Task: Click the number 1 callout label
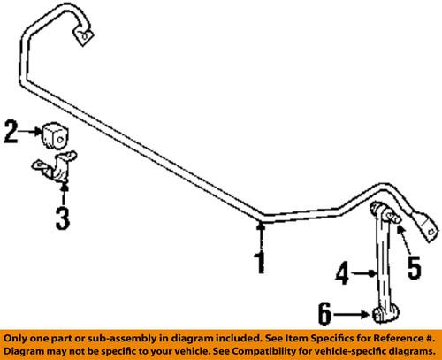(259, 262)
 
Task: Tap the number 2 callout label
(11, 133)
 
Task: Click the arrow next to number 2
(29, 133)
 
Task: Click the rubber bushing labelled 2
(53, 135)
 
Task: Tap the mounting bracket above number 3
(57, 173)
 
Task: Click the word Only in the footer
(18, 339)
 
